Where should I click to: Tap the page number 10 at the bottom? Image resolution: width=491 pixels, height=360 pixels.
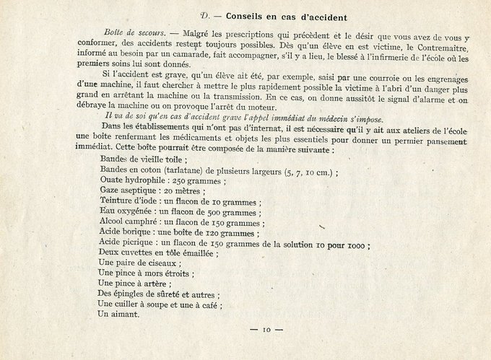[266, 330]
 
